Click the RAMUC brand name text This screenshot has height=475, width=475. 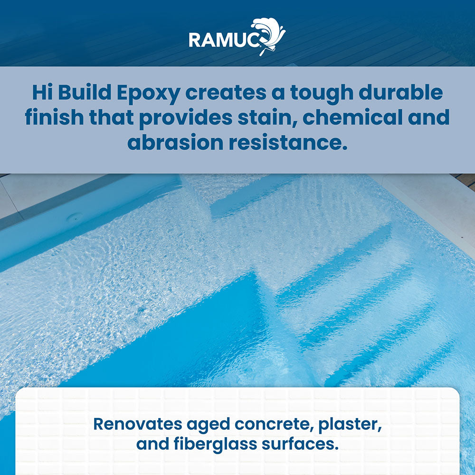coord(224,39)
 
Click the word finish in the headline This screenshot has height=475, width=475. coord(54,117)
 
